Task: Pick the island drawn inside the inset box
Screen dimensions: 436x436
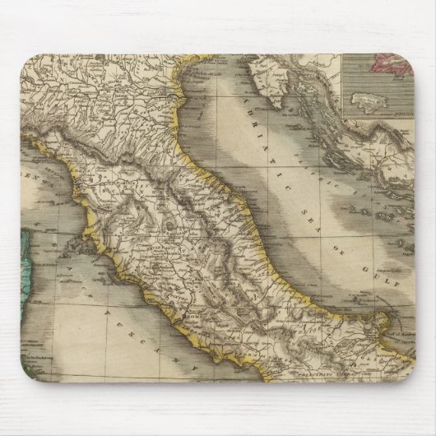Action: [x=370, y=103]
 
